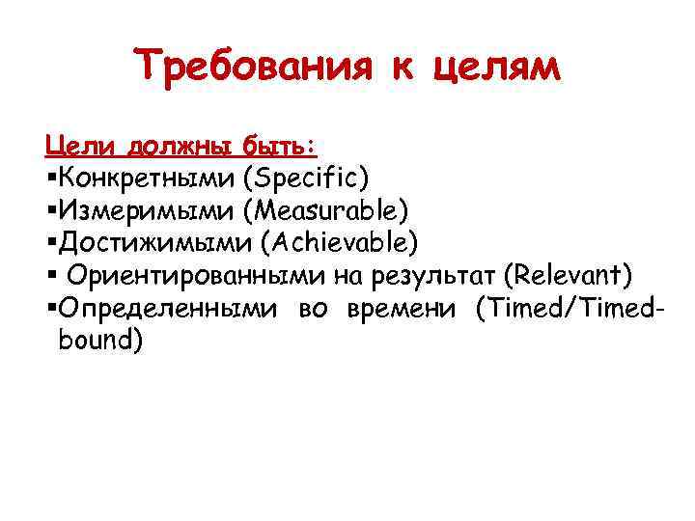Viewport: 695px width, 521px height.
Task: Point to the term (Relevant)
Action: tap(569, 276)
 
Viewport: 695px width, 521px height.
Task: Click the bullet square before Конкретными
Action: tap(50, 178)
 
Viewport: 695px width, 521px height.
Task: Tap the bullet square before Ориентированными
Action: tap(50, 277)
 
